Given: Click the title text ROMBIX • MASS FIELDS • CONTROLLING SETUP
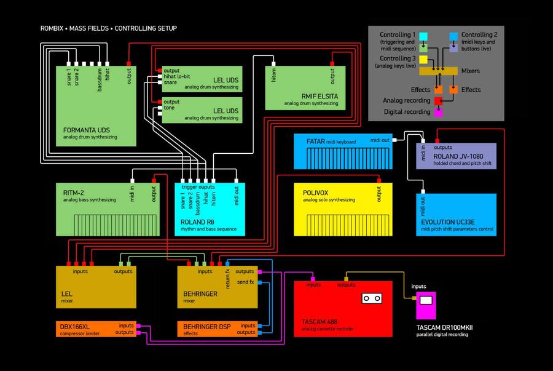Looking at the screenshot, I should (x=108, y=28).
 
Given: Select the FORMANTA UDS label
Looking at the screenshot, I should (x=86, y=130).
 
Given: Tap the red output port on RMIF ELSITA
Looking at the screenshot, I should (x=333, y=63).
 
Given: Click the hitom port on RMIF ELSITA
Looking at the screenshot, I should (x=273, y=63).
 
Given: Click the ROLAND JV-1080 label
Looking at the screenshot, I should (x=458, y=156).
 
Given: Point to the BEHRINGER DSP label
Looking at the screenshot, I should (x=206, y=326).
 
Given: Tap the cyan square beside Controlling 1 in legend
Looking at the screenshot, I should (x=423, y=36).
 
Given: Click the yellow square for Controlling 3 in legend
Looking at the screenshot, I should (x=423, y=59).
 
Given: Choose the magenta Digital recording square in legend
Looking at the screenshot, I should (x=438, y=113).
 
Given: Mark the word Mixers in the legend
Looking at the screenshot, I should (x=470, y=71).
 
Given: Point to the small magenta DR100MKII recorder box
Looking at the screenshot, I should (x=425, y=305).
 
